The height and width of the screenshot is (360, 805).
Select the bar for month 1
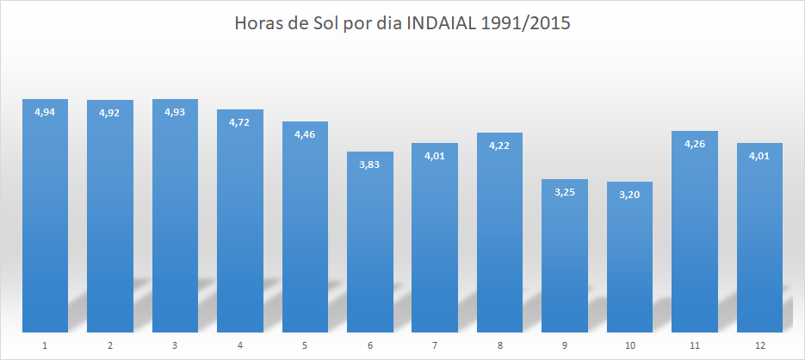(45, 215)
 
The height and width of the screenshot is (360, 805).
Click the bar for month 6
(370, 241)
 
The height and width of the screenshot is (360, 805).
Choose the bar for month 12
(759, 237)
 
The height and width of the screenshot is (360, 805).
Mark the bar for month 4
(240, 220)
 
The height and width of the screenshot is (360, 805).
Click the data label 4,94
(45, 112)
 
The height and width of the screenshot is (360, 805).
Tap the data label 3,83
(370, 164)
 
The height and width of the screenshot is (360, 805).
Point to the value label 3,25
(565, 192)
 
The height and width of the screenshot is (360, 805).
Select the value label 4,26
(695, 144)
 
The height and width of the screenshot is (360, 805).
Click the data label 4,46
(305, 134)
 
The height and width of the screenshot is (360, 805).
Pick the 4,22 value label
(499, 146)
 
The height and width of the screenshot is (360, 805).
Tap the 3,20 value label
(629, 195)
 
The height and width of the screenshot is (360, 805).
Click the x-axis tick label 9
(565, 345)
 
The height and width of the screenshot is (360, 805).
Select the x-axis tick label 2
(110, 345)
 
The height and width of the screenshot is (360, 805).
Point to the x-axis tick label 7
(435, 345)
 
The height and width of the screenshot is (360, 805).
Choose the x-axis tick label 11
(695, 345)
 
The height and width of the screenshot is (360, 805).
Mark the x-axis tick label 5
(305, 345)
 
